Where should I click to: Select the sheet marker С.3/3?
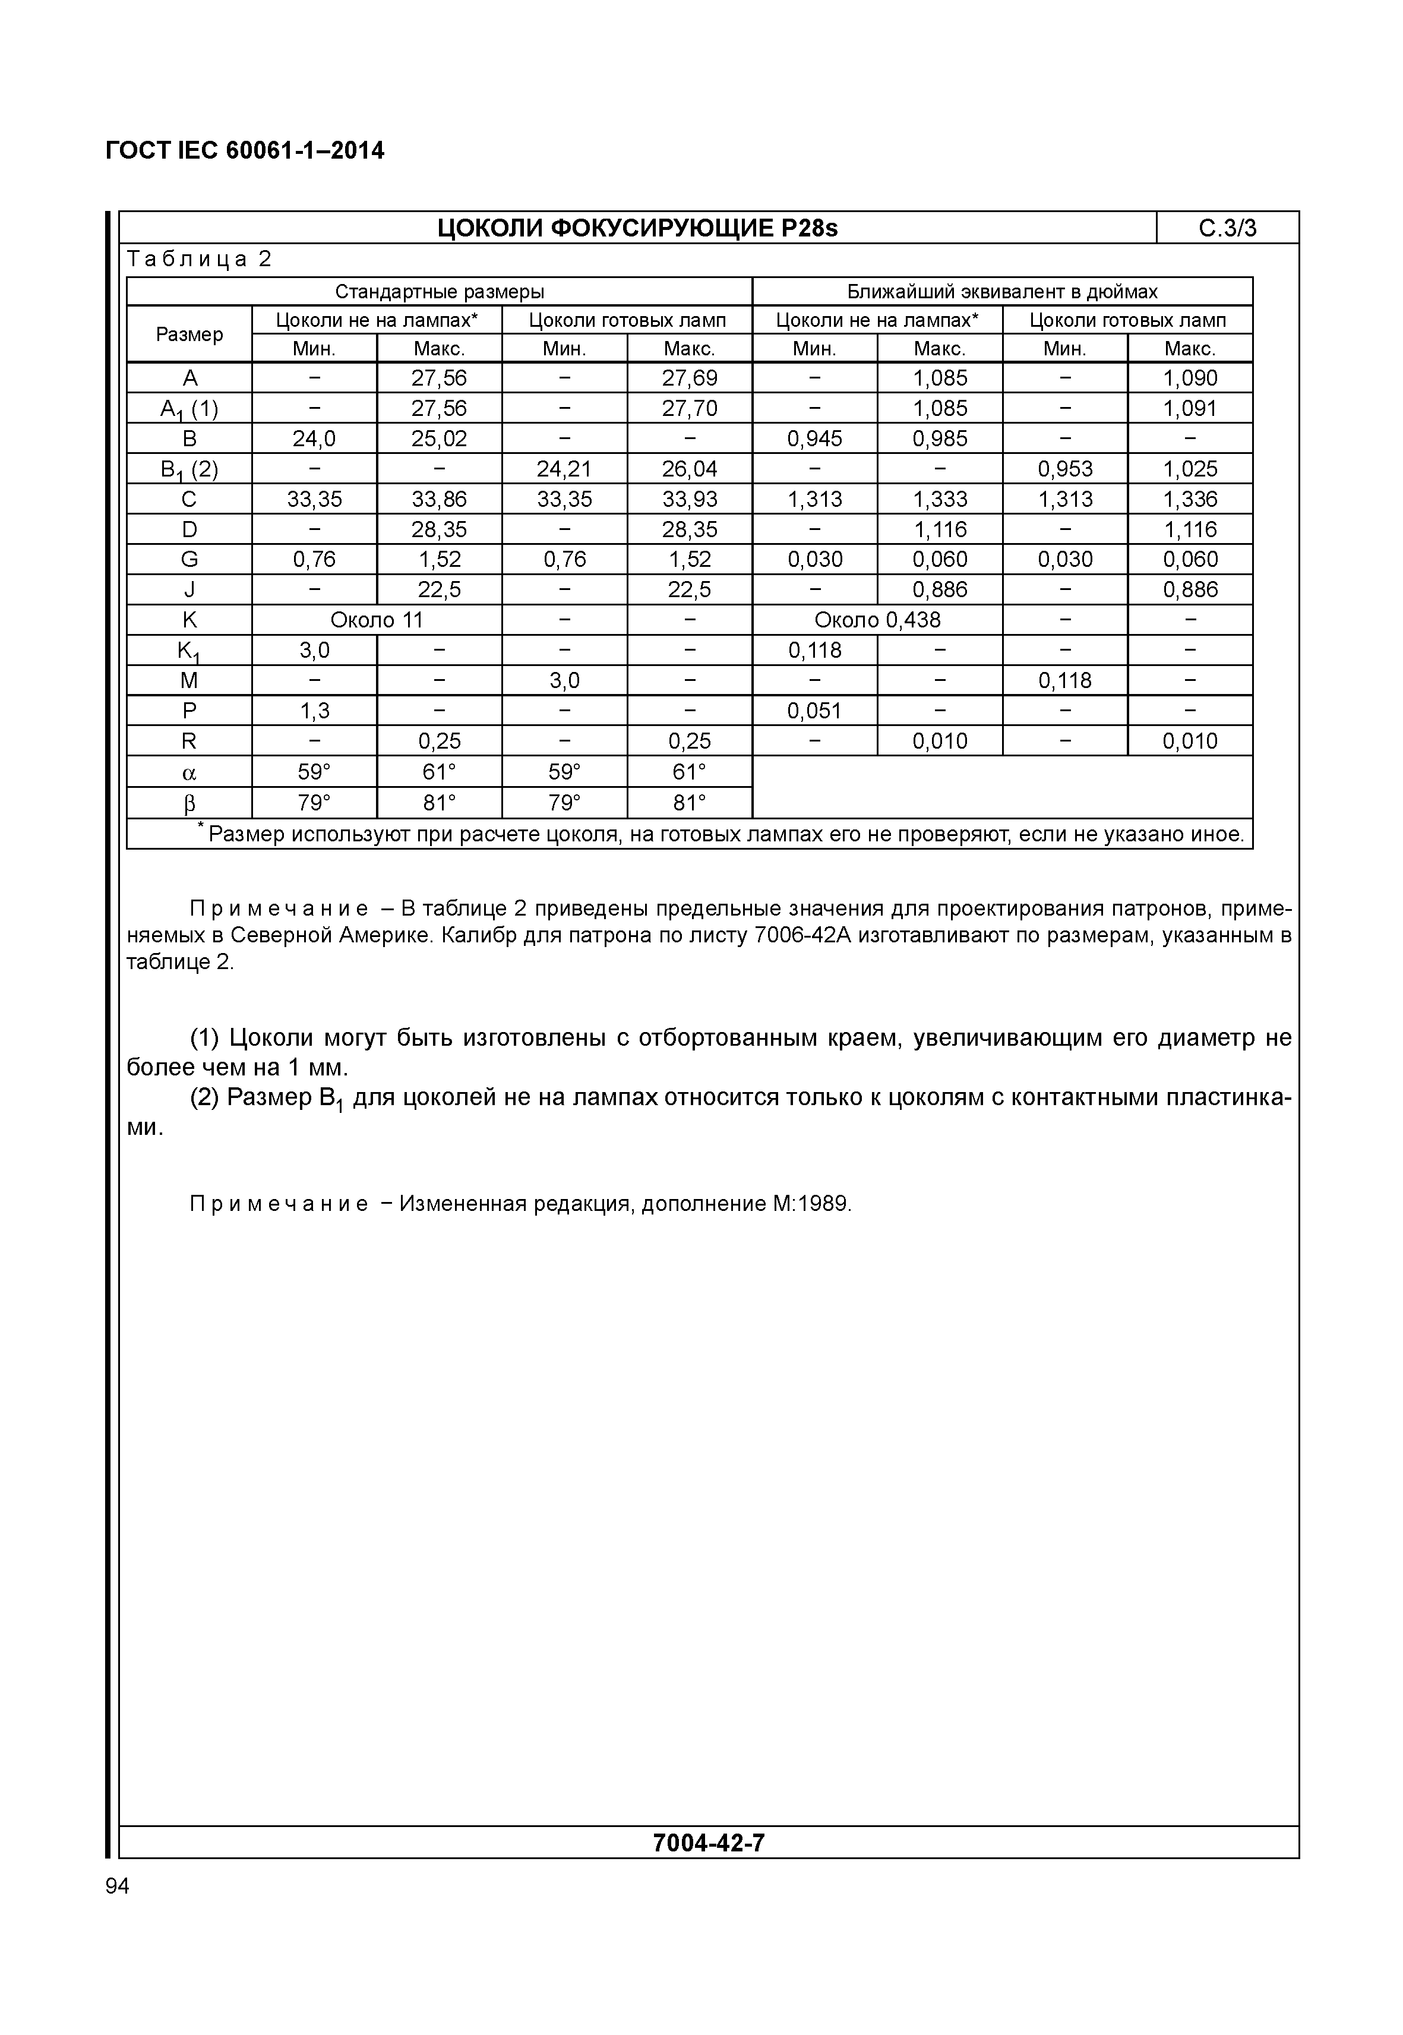click(1227, 229)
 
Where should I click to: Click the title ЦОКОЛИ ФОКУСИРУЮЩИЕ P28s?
click(637, 229)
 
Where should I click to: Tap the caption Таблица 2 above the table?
click(200, 260)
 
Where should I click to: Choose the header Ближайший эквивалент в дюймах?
click(1002, 292)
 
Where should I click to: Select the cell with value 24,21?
click(564, 469)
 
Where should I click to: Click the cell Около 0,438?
click(877, 620)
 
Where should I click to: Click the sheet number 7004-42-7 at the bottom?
click(709, 1842)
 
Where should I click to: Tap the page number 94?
click(117, 1885)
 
